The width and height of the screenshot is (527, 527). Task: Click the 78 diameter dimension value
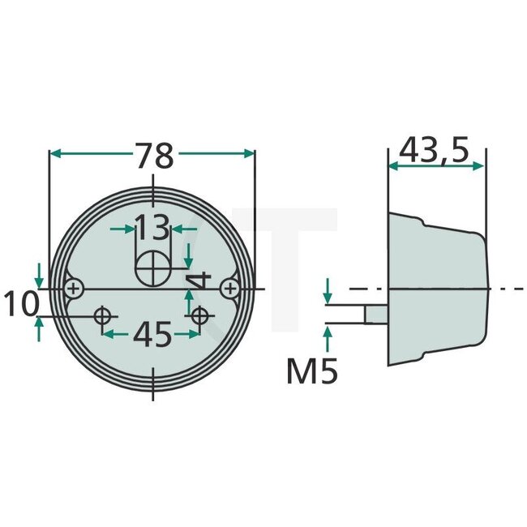[154, 155]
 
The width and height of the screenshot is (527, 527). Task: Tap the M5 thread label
[312, 371]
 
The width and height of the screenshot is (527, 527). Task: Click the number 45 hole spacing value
[152, 334]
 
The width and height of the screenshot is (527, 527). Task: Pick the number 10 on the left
[20, 305]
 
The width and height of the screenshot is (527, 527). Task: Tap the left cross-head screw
[75, 288]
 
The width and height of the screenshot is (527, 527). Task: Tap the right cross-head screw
[231, 288]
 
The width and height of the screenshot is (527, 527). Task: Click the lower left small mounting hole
[103, 316]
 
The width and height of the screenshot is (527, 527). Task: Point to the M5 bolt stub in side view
[374, 312]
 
